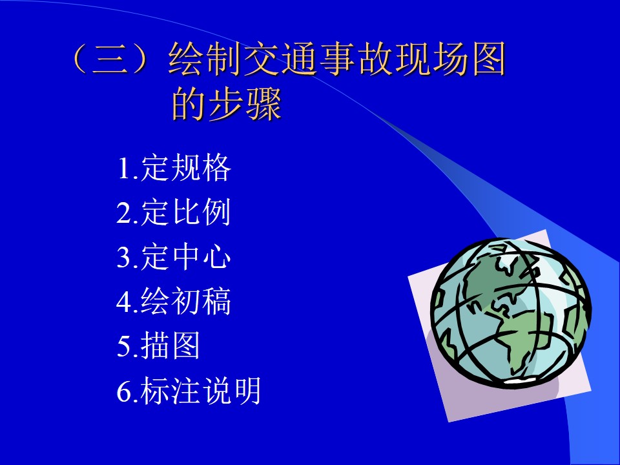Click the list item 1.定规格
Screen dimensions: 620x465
(174, 168)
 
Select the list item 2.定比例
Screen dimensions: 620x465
(173, 212)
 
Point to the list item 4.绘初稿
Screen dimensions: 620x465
(173, 302)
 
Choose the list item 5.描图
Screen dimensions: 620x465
(158, 346)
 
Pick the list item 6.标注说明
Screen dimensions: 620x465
(189, 391)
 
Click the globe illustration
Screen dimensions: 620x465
(511, 313)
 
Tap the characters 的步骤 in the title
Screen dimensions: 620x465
(227, 104)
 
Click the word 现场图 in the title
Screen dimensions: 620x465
(451, 59)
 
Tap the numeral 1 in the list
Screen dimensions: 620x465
(124, 169)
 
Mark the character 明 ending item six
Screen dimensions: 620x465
(247, 391)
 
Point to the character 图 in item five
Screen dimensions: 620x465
(185, 346)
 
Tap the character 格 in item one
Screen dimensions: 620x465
(217, 168)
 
